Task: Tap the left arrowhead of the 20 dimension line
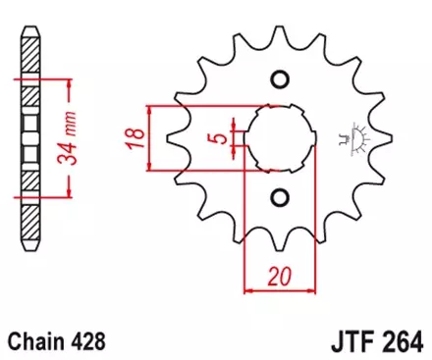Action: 246,289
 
